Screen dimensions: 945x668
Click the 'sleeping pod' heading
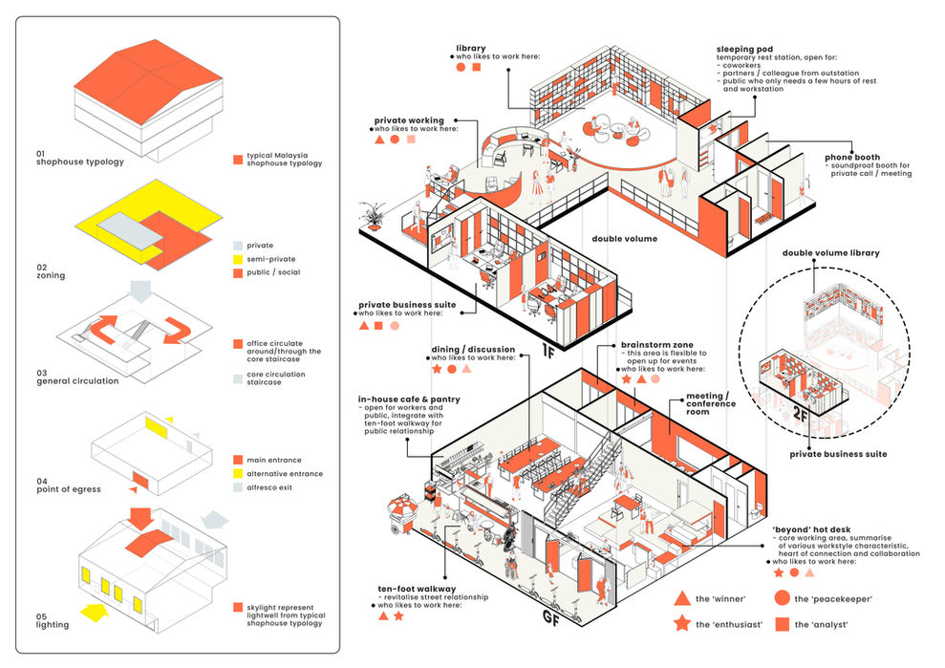tap(744, 50)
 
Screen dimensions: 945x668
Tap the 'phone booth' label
tap(852, 158)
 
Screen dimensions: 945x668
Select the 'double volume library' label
tap(830, 253)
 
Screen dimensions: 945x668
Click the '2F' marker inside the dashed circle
tap(801, 414)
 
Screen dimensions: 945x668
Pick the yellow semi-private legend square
tap(238, 259)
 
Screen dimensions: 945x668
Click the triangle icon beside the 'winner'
tap(681, 598)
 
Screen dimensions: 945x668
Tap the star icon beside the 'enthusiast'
tap(681, 623)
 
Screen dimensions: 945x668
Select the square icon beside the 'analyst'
tap(783, 624)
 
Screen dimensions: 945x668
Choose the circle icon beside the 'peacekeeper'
tap(783, 598)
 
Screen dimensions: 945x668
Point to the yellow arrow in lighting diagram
tap(95, 613)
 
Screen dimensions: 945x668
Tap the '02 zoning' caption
tap(51, 271)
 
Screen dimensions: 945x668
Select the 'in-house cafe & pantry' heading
tap(409, 399)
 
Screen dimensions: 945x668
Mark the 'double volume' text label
tap(624, 239)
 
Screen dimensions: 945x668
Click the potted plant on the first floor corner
tap(373, 217)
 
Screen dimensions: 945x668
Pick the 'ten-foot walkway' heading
tap(417, 589)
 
